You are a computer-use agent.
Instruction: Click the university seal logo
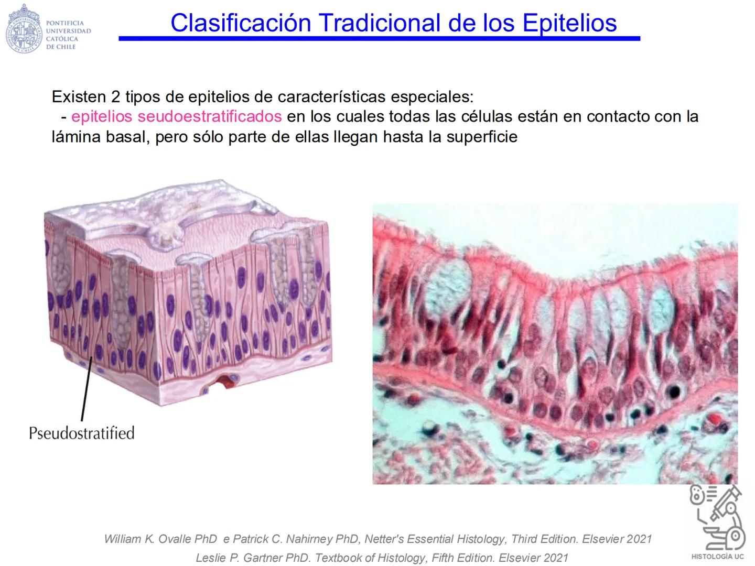(x=24, y=29)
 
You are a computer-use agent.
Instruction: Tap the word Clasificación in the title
(x=241, y=23)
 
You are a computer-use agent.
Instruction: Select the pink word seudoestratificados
(x=210, y=116)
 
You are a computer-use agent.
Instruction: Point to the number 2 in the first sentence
(x=115, y=97)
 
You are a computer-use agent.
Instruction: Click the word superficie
(x=482, y=137)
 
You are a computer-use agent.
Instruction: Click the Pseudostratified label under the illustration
(x=82, y=433)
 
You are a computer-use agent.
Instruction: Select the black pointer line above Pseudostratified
(x=87, y=388)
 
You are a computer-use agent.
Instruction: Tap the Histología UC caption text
(x=717, y=557)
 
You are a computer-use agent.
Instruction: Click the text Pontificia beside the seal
(x=64, y=23)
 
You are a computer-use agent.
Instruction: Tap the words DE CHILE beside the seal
(x=61, y=47)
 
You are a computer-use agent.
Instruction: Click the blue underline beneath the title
(x=379, y=38)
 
